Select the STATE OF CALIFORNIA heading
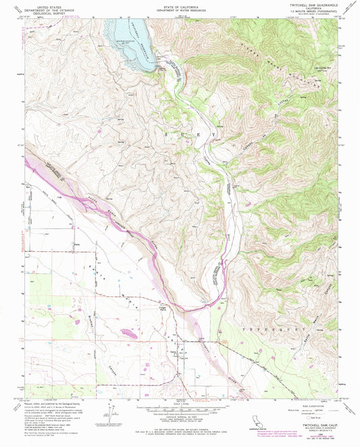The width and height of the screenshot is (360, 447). (x=179, y=4)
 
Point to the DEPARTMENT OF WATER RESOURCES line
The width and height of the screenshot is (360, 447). (x=179, y=8)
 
